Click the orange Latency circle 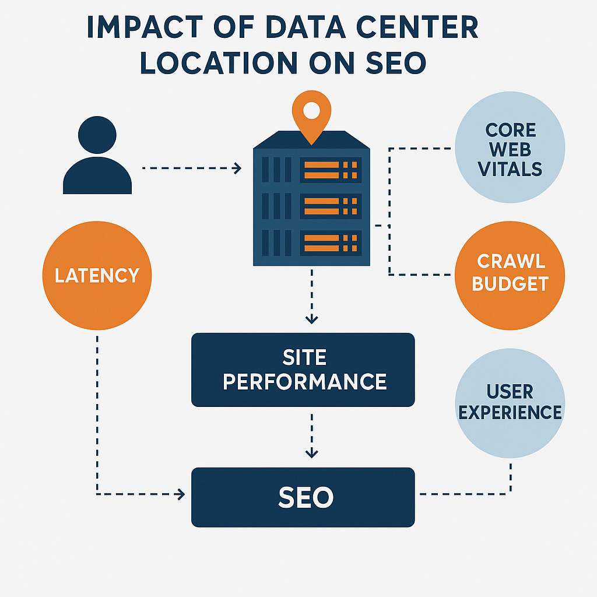point(97,275)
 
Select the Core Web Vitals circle point(510,149)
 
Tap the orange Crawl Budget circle point(510,274)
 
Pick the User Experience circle point(510,402)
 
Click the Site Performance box point(303,370)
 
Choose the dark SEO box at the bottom point(303,497)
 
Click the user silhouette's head point(97,135)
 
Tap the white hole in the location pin point(312,108)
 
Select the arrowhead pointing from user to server point(237,168)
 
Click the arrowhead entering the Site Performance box point(312,319)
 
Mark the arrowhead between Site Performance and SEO point(312,453)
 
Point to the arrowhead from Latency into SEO point(180,494)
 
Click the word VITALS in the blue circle point(510,169)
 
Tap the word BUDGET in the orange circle point(510,284)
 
